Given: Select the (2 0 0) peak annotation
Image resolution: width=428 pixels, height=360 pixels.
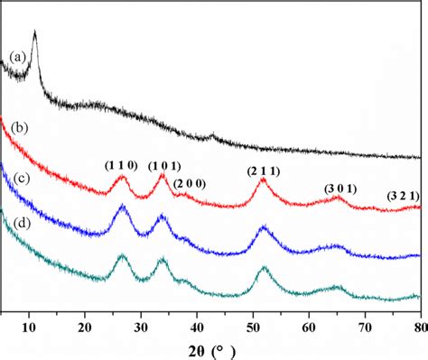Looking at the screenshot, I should pyautogui.click(x=190, y=184).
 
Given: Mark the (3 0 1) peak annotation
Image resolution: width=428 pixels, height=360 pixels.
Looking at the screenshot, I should pyautogui.click(x=340, y=189).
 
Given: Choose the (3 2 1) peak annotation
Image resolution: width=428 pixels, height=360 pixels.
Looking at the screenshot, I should pyautogui.click(x=402, y=195).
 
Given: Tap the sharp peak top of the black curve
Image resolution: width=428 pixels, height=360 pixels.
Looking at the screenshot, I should pyautogui.click(x=34, y=32).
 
